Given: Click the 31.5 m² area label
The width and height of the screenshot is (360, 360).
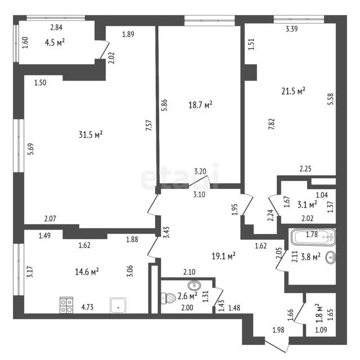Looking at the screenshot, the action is [91, 134].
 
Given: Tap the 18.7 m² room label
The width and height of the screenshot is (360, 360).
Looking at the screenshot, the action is [200, 105].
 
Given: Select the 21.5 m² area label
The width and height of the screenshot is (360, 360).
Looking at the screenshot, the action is [293, 91].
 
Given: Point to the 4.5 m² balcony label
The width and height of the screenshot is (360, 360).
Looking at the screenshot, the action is [55, 43].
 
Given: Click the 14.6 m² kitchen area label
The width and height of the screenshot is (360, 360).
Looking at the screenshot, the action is [87, 272].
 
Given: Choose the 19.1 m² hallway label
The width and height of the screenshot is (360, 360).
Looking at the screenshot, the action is [223, 256].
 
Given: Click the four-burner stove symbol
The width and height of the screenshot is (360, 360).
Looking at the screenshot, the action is [66, 305].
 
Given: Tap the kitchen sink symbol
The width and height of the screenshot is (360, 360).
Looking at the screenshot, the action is [118, 305].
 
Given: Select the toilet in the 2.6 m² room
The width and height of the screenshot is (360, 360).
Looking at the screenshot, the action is [168, 298].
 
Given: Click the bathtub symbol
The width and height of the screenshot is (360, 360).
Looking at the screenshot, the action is [313, 237].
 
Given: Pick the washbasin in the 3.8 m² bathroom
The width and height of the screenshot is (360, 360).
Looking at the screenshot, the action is [331, 257].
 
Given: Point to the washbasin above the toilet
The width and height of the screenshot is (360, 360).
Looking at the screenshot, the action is [194, 286].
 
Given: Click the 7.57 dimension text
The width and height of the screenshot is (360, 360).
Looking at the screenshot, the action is [148, 125].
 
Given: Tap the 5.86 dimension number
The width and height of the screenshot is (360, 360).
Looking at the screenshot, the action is [164, 105].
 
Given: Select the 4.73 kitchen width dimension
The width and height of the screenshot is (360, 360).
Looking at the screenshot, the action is [87, 307].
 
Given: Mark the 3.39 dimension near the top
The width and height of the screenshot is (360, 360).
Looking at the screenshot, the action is [291, 29].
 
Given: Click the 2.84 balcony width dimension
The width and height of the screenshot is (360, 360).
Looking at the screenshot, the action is [56, 28].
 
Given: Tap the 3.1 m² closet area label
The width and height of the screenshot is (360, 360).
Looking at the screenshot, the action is [308, 204].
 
